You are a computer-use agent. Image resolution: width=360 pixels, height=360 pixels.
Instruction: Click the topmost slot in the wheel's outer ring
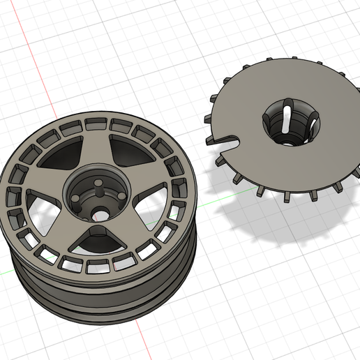(96, 123)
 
